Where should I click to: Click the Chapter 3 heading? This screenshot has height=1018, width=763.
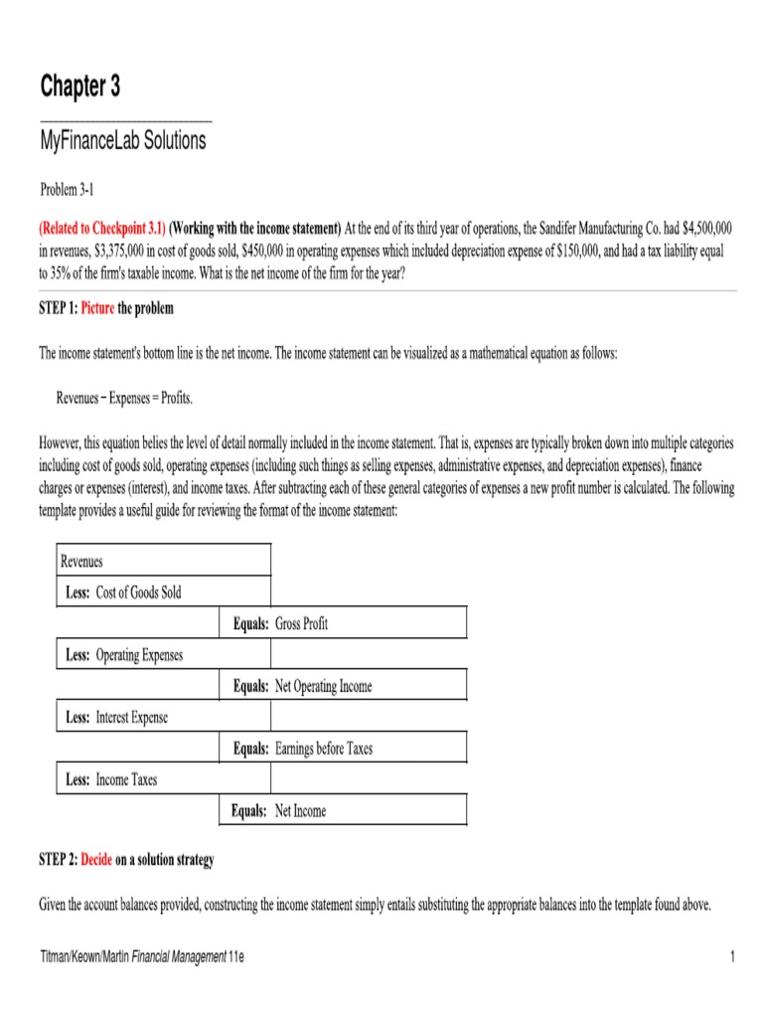(80, 87)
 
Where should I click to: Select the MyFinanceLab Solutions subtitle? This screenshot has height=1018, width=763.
(123, 140)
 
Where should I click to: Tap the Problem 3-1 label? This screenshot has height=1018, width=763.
(67, 189)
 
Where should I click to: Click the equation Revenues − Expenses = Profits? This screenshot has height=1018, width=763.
(124, 399)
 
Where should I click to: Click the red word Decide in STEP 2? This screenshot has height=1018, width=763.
(96, 860)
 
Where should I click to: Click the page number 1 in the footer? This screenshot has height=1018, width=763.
(731, 956)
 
